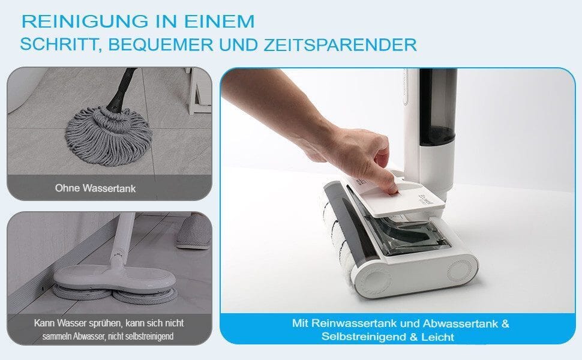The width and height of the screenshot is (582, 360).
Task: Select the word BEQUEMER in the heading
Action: [x=161, y=45]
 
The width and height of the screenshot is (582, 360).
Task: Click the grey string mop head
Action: [x=109, y=135]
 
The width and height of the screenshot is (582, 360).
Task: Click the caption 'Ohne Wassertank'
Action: [x=95, y=188]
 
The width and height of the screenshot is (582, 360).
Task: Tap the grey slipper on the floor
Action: [x=193, y=231]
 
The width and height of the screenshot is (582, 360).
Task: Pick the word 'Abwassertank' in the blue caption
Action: [x=460, y=323]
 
